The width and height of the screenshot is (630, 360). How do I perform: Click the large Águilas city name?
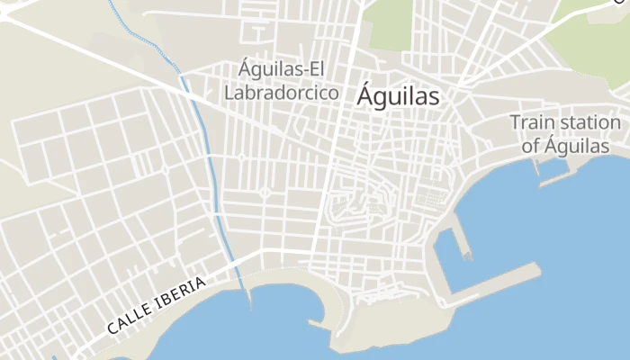click(398, 96)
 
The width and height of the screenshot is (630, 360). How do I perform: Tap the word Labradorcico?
click(282, 92)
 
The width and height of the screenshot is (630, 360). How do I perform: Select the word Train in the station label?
click(532, 122)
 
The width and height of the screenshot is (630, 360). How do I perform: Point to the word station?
click(589, 122)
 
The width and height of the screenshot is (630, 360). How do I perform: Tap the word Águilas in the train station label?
click(577, 146)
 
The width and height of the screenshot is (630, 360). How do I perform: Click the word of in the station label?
click(530, 146)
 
